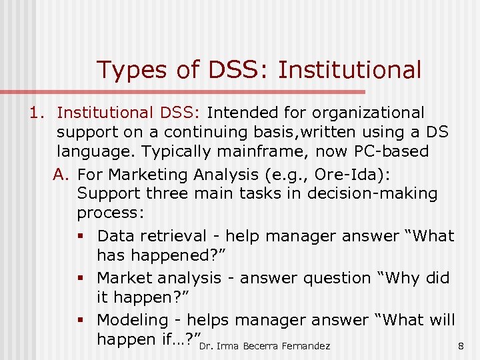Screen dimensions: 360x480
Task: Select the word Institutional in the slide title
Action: (349, 69)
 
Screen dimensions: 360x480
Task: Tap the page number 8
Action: (461, 345)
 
